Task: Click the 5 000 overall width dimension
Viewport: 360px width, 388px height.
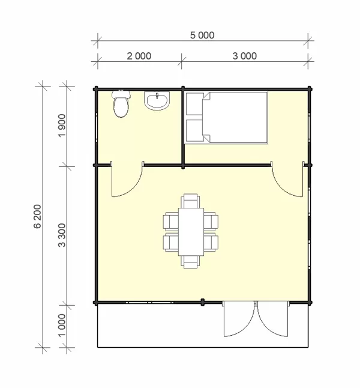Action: pos(202,35)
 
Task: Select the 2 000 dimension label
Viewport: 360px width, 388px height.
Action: pos(139,56)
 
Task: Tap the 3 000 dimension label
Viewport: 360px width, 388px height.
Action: pos(245,56)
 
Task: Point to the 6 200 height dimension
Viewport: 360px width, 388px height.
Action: pos(37,216)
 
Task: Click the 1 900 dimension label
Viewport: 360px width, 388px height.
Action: pos(62,126)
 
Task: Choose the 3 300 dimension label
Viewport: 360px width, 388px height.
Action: pos(62,235)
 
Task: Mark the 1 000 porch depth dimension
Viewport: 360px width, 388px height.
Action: pos(62,326)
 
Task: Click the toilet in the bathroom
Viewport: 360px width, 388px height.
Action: pos(121,104)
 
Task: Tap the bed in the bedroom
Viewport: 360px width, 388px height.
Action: pos(226,118)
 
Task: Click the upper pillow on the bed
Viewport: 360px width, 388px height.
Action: pos(194,104)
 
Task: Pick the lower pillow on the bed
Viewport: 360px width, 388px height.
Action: pos(194,130)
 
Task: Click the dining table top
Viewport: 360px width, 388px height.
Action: pos(191,232)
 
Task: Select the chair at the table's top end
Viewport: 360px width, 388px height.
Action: pos(190,201)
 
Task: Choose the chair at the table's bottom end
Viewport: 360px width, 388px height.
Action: pos(190,262)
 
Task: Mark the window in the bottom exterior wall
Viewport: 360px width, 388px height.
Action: pos(149,302)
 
